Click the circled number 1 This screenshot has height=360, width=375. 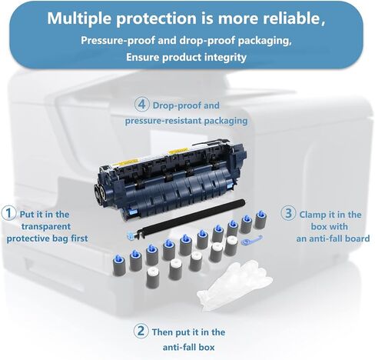8,212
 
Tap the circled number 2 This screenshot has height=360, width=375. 141,332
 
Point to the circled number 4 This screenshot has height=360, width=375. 141,104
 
